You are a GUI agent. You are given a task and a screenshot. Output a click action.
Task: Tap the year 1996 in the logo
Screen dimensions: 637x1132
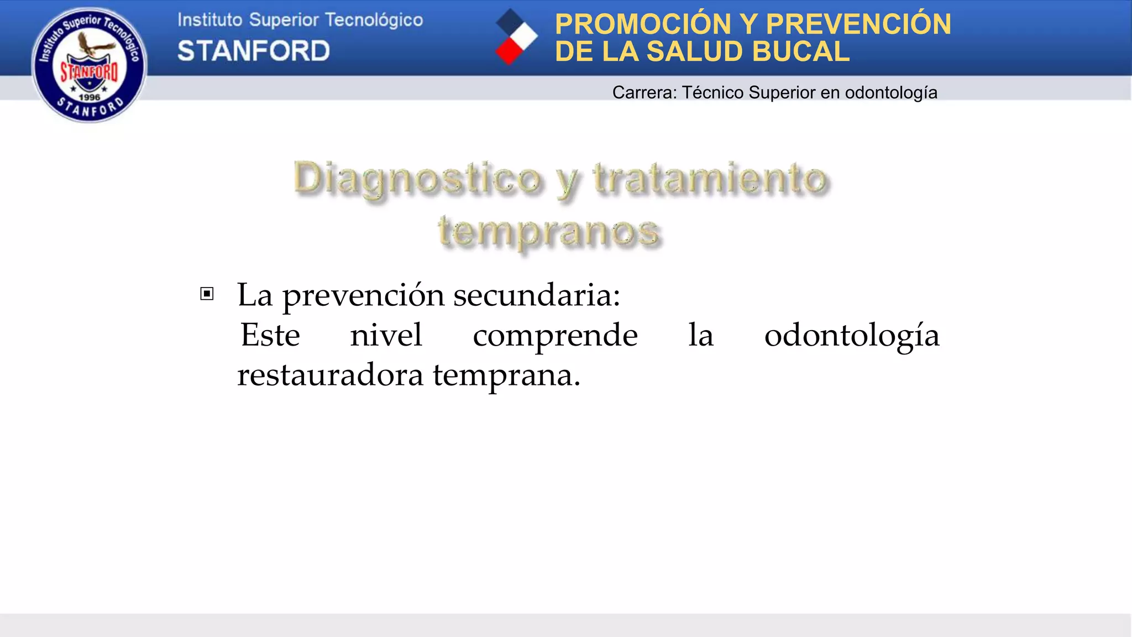[90, 97]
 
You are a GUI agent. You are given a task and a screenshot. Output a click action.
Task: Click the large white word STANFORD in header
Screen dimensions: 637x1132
[254, 51]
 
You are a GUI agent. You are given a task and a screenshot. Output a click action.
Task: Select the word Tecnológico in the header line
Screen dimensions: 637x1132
[374, 20]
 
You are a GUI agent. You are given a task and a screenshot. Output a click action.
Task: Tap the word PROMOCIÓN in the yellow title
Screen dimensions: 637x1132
[643, 24]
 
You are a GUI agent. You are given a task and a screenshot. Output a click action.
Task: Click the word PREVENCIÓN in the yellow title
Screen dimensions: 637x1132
[858, 24]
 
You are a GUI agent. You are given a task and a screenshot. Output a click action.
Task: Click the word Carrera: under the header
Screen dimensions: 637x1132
[644, 92]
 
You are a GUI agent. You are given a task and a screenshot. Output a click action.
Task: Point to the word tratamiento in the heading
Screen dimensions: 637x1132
[710, 178]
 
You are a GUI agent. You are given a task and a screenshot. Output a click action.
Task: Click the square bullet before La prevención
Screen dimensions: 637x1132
[207, 294]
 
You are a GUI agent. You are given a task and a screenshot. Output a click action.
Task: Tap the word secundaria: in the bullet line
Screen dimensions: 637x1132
[537, 295]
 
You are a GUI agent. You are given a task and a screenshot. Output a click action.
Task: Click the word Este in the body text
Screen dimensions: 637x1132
[270, 335]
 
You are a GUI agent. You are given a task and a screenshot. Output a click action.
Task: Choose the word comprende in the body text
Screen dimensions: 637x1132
[555, 335]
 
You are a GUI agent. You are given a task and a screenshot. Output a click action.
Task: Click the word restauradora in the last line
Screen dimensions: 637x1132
[330, 375]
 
